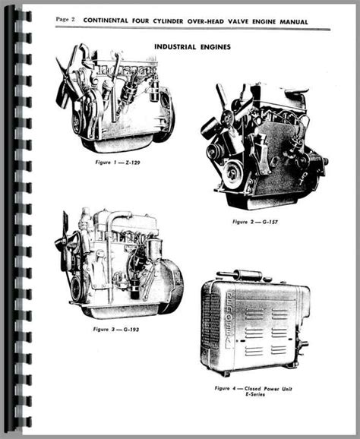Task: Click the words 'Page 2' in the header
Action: click(x=65, y=19)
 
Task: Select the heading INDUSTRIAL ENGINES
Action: click(x=193, y=47)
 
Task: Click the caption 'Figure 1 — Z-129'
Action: click(x=118, y=163)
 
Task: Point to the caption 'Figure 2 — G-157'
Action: click(x=255, y=222)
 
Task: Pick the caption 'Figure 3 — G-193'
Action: click(x=116, y=330)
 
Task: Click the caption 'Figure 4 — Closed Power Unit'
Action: click(x=253, y=389)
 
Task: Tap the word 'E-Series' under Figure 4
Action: click(x=254, y=394)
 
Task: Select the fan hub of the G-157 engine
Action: click(x=226, y=118)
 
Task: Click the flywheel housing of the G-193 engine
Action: click(x=172, y=286)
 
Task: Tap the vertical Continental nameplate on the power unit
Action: click(x=229, y=321)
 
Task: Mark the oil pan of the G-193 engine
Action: click(x=120, y=311)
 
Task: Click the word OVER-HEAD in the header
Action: click(x=206, y=21)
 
